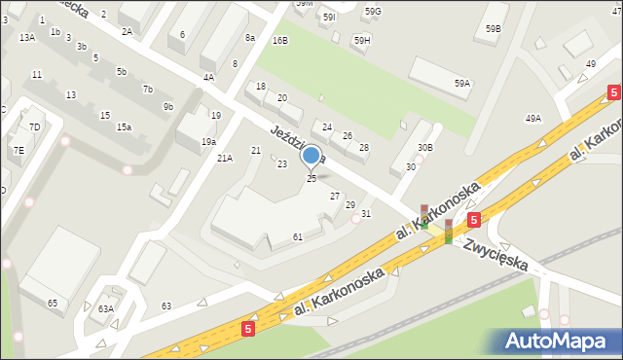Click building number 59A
[461, 85]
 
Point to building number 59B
[493, 29]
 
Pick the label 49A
[533, 119]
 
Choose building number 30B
[424, 147]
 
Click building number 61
[298, 237]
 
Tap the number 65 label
[53, 305]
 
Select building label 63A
[105, 309]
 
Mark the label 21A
[225, 158]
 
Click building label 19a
[208, 142]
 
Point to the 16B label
[280, 41]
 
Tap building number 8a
[250, 38]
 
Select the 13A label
[27, 37]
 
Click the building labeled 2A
[127, 31]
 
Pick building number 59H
[362, 41]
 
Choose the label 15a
[124, 127]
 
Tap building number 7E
[19, 151]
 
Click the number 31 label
[366, 214]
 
